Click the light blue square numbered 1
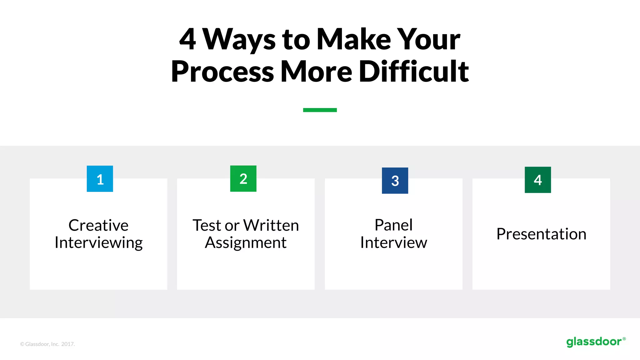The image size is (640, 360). tap(100, 179)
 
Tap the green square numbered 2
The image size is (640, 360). tap(243, 178)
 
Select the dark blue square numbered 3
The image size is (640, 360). tap(395, 181)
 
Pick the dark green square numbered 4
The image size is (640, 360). tap(538, 180)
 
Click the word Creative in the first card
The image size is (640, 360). tap(98, 225)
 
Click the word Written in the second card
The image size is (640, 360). tap(271, 225)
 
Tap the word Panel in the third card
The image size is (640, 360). tap(393, 225)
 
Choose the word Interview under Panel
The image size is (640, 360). tap(393, 243)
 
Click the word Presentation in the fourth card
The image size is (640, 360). tap(541, 234)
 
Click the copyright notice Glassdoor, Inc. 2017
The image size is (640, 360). tap(47, 344)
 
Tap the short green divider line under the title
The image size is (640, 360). tap(320, 110)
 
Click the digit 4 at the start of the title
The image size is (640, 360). tap(187, 39)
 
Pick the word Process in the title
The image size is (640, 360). tap(222, 72)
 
